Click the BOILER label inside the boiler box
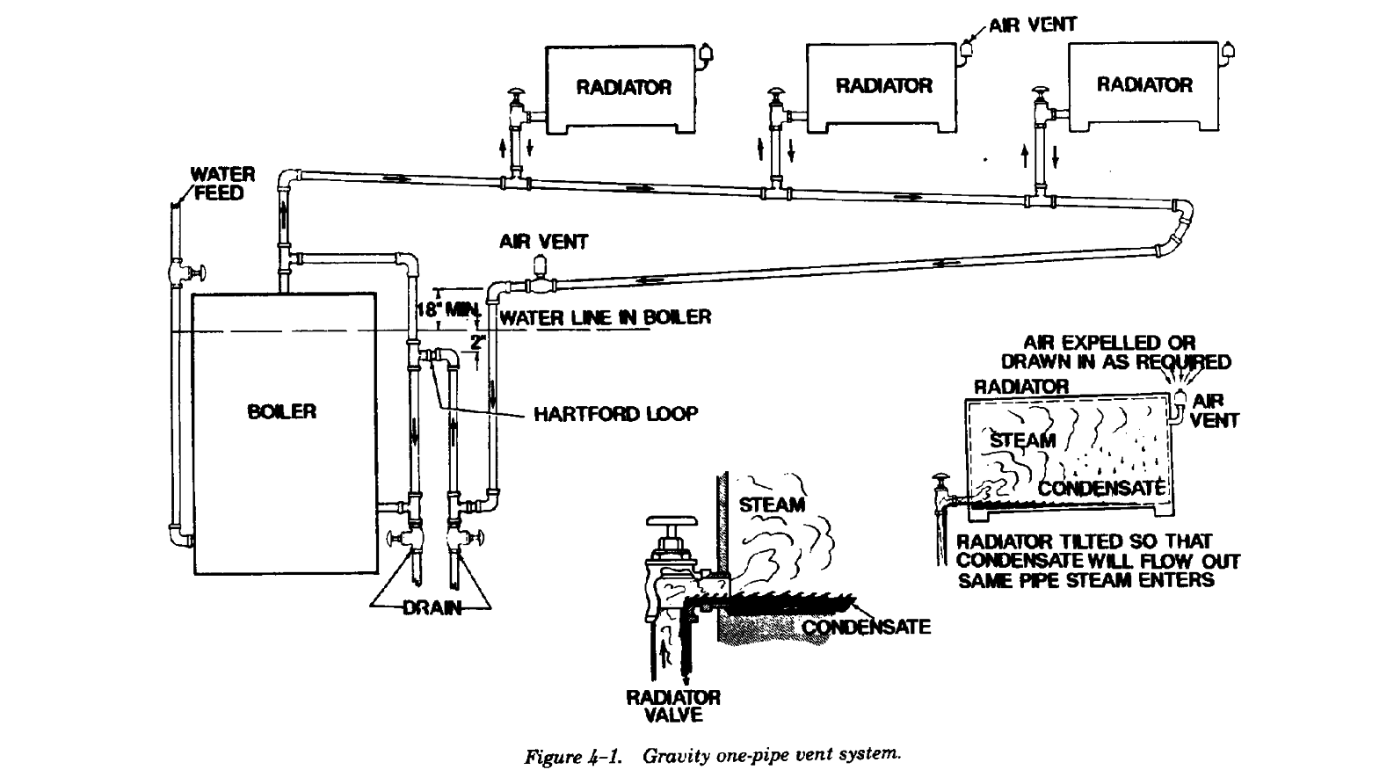(x=281, y=411)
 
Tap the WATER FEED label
(x=222, y=183)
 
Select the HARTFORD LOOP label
(x=615, y=413)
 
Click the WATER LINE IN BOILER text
(x=605, y=317)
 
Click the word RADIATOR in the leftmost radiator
(x=623, y=87)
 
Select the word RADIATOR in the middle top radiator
(x=883, y=85)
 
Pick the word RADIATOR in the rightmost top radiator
(x=1144, y=84)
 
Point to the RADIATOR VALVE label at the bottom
(x=672, y=706)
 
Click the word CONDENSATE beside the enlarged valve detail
(x=866, y=627)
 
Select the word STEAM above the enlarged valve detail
(x=772, y=505)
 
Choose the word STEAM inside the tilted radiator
(x=1022, y=439)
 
